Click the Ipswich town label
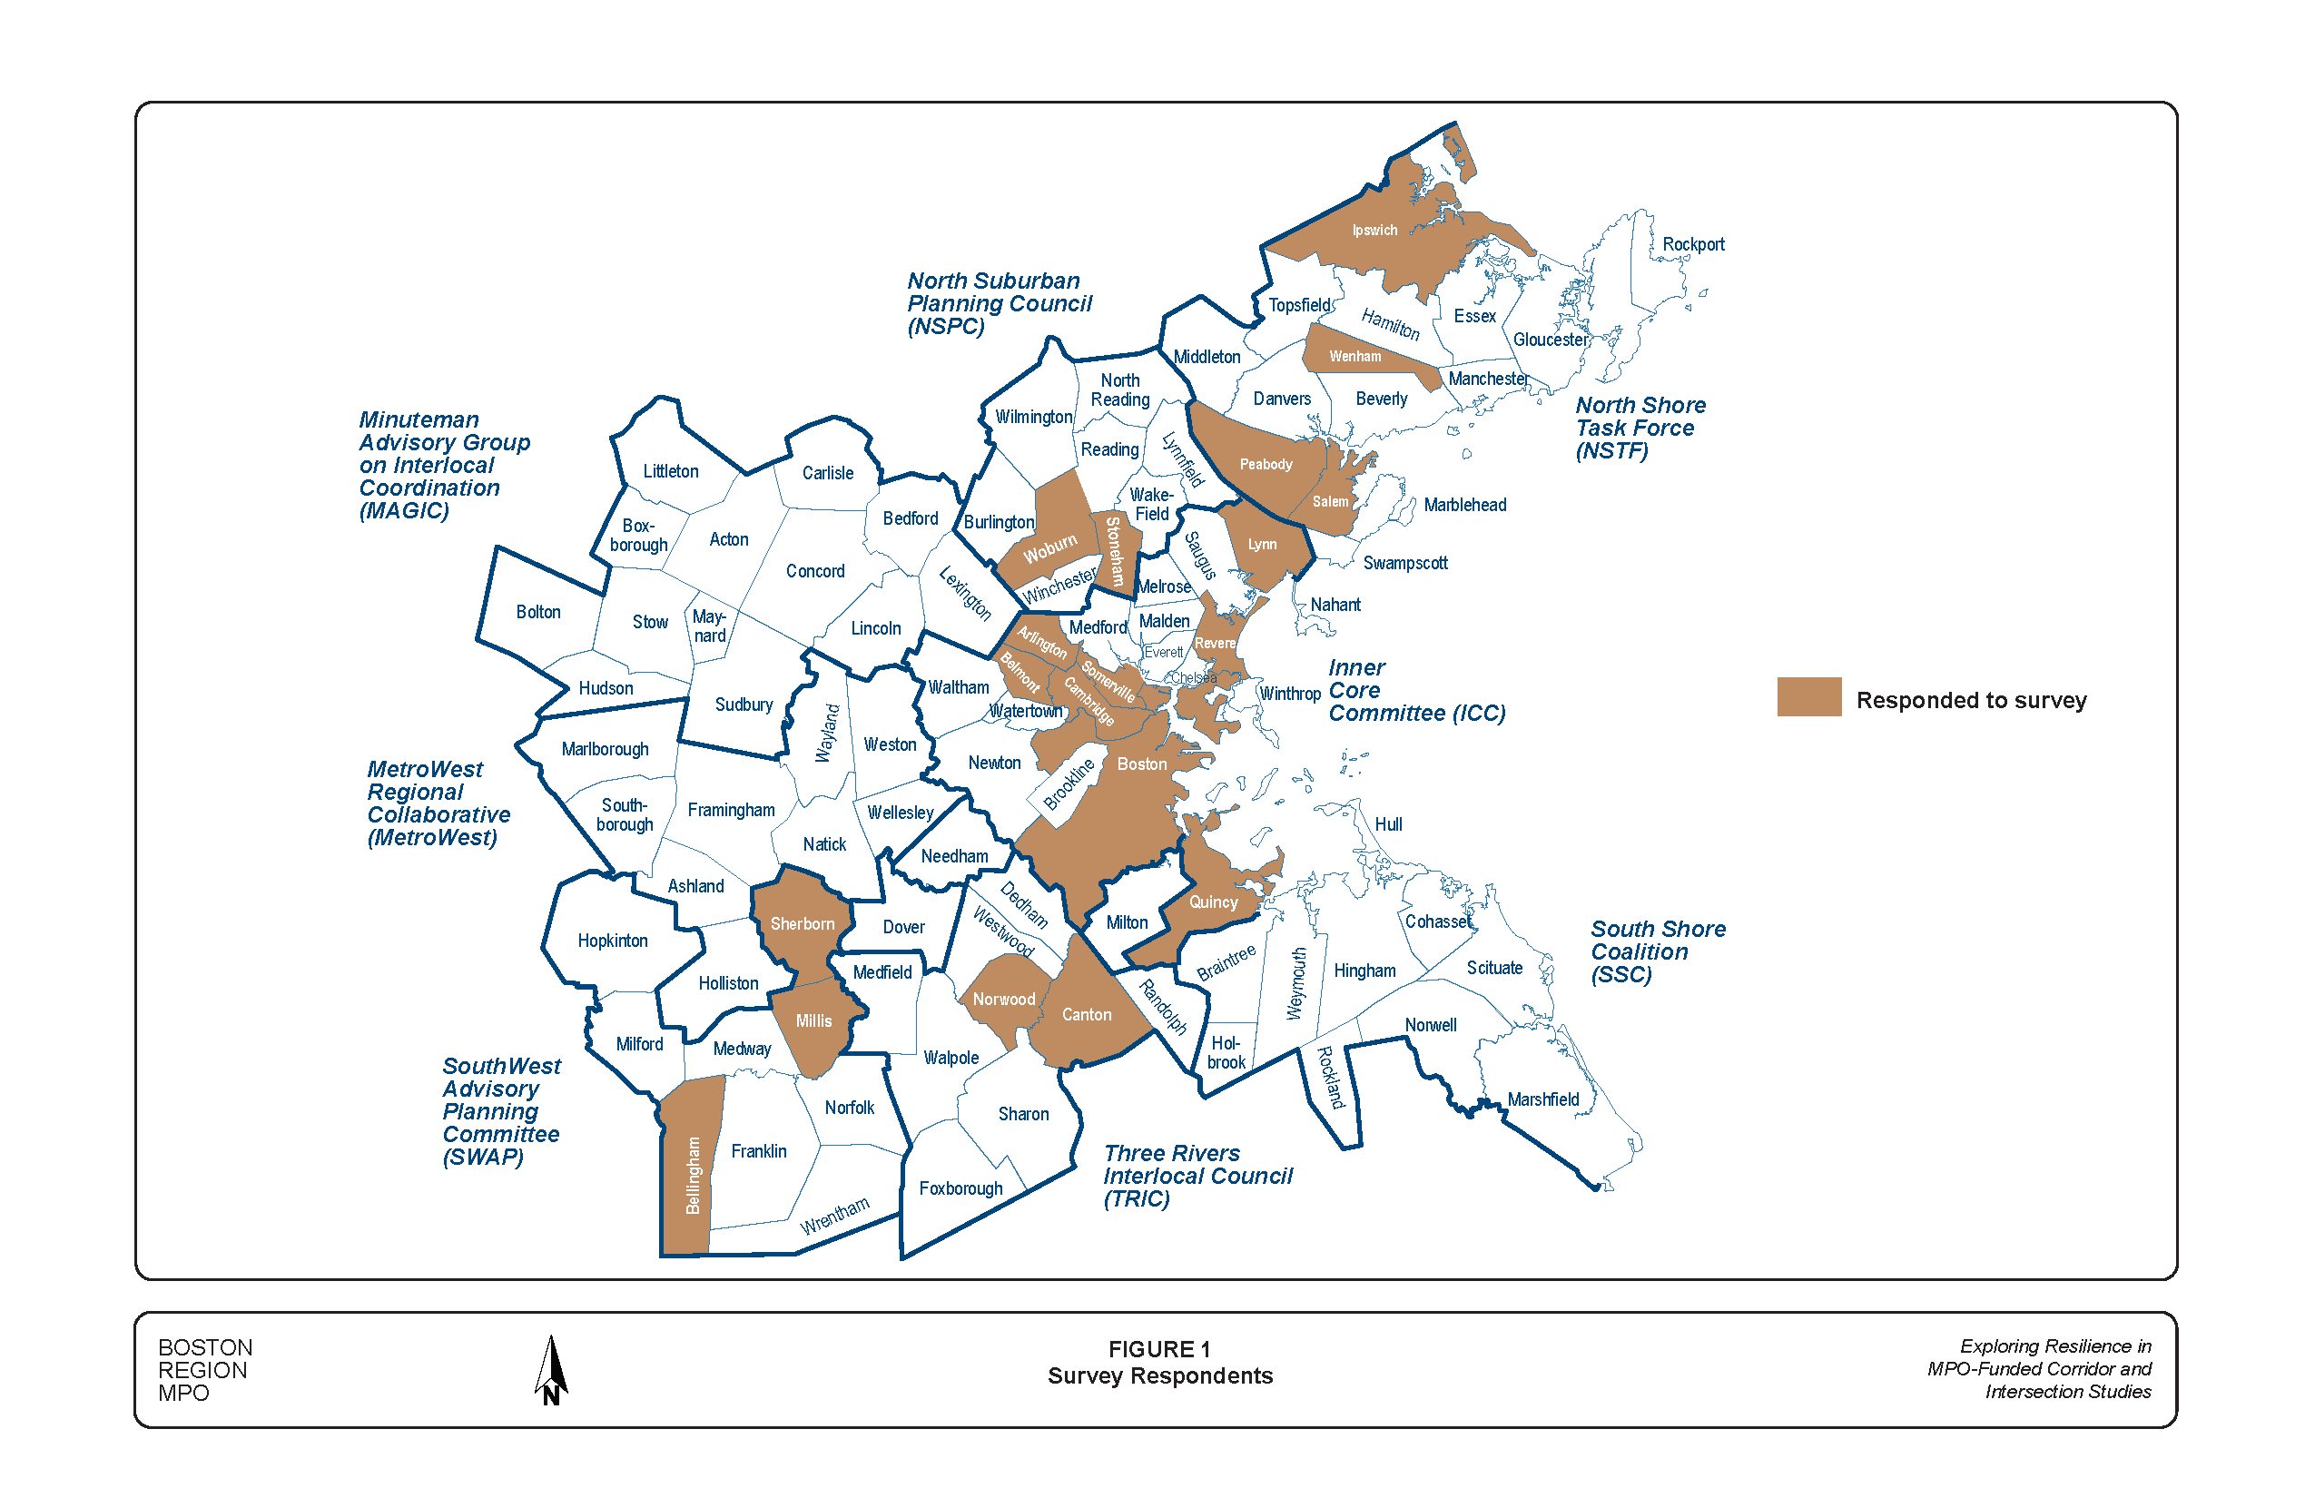(1374, 231)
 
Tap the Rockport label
(1692, 245)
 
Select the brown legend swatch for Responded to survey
(1808, 696)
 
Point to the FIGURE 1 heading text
(1158, 1349)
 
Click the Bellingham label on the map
(693, 1175)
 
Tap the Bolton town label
(537, 613)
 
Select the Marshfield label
(1542, 1100)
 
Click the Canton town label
(1086, 1015)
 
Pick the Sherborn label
(802, 924)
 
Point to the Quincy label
(1213, 902)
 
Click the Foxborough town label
(960, 1188)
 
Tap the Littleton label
(670, 472)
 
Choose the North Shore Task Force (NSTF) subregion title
(1640, 428)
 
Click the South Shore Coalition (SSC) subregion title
(1658, 951)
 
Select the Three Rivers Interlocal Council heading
(1197, 1175)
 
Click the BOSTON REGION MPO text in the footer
(205, 1370)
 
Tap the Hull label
(1388, 825)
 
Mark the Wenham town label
(1354, 357)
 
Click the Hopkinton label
(612, 941)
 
